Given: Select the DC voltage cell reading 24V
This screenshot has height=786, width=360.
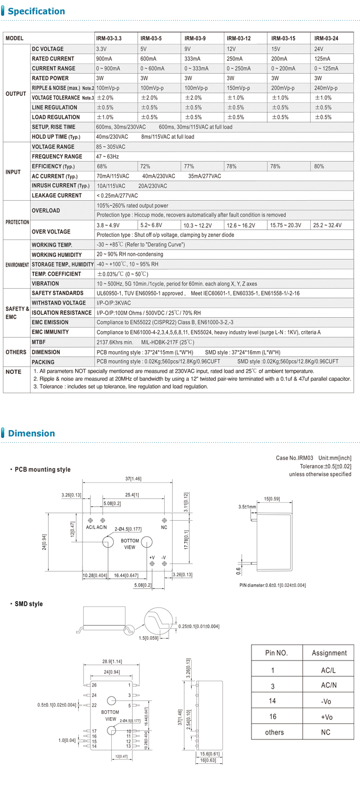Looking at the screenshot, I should coord(319,49).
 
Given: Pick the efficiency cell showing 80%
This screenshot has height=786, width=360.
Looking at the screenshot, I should coord(319,166).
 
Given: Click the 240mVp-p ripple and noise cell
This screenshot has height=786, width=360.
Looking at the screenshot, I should coord(326,88).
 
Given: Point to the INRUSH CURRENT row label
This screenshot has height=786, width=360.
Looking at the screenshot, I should coord(60,186).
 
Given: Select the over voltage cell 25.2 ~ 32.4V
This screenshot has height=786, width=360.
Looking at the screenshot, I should coord(328,225).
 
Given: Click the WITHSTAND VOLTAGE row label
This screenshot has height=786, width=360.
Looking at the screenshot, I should coord(59,303).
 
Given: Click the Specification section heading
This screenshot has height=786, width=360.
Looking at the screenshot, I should coord(37,11).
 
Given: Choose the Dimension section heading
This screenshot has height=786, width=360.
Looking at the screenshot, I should coord(31,433).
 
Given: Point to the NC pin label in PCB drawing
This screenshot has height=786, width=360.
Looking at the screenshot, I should coord(164,528).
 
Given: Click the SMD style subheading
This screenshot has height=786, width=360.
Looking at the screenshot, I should coord(29,604).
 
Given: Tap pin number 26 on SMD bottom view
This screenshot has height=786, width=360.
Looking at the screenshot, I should coord(94,685).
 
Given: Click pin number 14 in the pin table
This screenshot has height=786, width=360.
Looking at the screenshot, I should coord(273,701).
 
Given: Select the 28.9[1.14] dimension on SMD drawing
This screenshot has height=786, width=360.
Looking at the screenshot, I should coord(112,662).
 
